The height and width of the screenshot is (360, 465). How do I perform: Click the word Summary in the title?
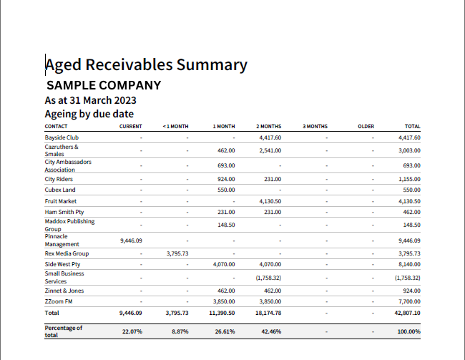point(212,65)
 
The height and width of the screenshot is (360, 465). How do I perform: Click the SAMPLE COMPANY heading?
point(104,85)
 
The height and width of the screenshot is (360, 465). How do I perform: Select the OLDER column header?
point(366,127)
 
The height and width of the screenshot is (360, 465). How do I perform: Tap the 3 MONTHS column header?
point(315,127)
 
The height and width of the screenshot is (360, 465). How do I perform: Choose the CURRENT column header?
point(130,127)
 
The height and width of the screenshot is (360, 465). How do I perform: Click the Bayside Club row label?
point(62,137)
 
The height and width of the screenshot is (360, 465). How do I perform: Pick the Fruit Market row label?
point(61,201)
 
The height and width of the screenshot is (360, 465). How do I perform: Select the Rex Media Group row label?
point(67,253)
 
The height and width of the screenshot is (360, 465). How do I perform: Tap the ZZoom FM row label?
point(59,301)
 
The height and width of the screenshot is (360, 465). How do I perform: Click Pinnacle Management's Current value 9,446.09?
point(131,240)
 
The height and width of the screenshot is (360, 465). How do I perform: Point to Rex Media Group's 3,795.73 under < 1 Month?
point(177,253)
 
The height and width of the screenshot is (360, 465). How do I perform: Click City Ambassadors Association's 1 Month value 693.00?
point(226,165)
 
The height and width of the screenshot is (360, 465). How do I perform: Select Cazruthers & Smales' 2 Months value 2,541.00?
point(270,150)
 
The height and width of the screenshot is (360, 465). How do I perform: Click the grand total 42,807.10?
point(407,313)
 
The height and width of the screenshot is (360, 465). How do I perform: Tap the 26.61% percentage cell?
point(225,331)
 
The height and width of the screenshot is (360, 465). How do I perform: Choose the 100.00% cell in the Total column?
point(408,331)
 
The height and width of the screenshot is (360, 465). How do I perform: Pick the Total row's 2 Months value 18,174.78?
point(268,313)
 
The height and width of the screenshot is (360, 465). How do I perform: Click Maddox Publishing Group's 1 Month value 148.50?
point(226,225)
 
